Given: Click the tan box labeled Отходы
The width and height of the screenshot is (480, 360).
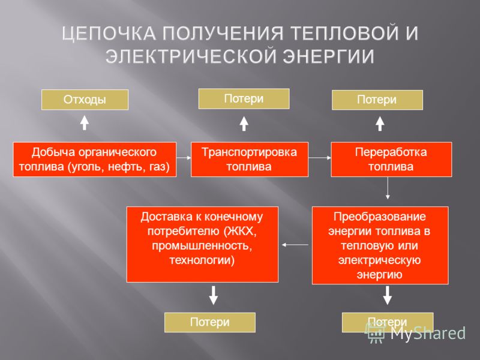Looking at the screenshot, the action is (85, 100).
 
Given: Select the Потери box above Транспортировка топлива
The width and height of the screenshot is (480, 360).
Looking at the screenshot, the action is (244, 98).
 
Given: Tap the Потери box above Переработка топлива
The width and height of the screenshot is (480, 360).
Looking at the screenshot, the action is (377, 100).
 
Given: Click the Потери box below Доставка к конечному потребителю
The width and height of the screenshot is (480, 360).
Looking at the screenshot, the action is (209, 322).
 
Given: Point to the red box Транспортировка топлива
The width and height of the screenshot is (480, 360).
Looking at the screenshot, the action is (250, 159).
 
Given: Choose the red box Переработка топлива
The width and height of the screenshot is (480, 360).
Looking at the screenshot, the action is (391, 159).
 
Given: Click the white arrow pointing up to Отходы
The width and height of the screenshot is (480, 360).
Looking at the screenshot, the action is (85, 122).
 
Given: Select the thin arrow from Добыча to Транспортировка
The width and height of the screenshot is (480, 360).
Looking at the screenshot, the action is (184, 158).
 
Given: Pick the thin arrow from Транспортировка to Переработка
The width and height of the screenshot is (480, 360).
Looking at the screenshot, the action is (320, 158).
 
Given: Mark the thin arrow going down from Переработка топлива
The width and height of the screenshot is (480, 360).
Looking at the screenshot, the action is (388, 188).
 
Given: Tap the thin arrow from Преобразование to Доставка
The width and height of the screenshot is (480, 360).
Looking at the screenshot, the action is (295, 245).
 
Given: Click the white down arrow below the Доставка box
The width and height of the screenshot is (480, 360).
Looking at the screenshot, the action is (214, 295).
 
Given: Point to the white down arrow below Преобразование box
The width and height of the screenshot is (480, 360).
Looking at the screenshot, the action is (388, 295).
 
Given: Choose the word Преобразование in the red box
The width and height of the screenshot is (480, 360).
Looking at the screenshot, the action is (380, 217).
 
